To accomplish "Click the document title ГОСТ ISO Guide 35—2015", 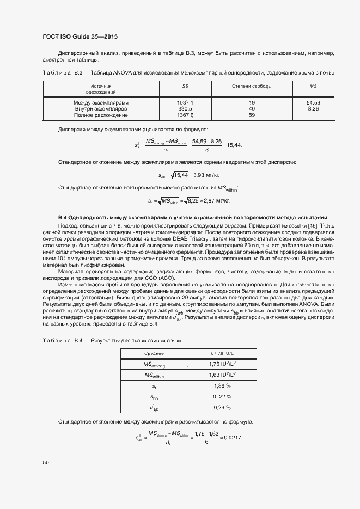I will click(80, 36).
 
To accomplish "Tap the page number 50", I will click(46, 462).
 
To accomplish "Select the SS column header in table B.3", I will click(185, 86).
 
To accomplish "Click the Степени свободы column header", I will click(252, 86).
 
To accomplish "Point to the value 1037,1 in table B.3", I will click(185, 102).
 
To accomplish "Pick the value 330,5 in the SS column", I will click(185, 109).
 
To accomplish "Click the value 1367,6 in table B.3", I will click(185, 115).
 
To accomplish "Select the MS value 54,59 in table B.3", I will click(313, 102).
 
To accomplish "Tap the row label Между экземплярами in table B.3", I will click(101, 102).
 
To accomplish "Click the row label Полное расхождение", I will click(101, 115).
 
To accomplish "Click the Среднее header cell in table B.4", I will click(154, 353).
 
